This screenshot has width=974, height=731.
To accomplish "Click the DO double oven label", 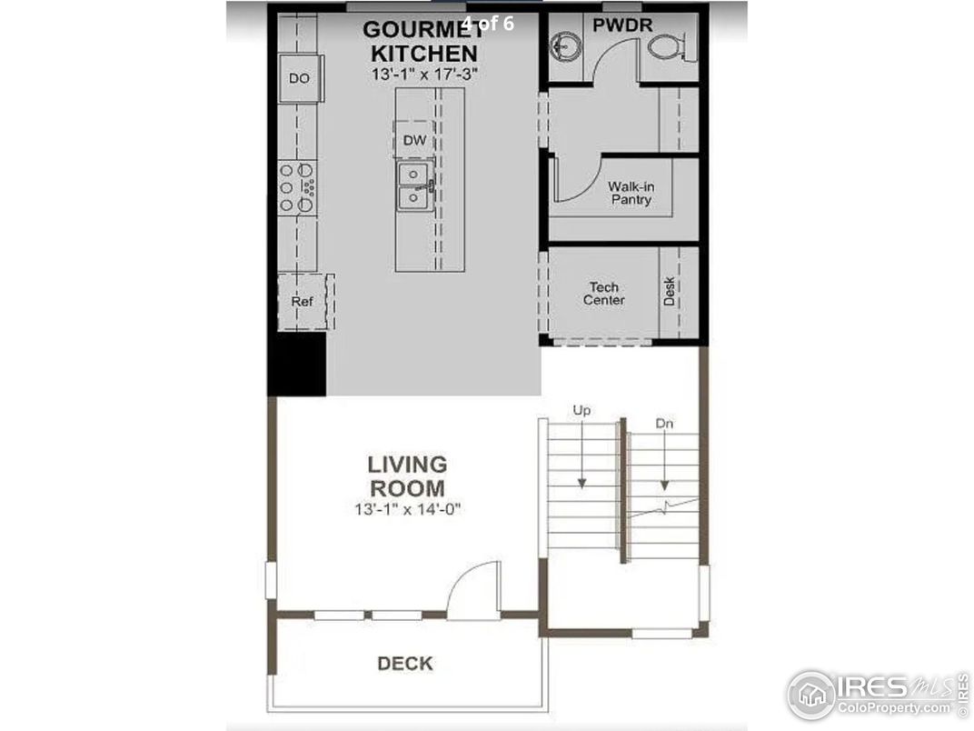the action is click(x=299, y=78).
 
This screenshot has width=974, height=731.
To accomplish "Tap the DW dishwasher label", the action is click(x=414, y=141).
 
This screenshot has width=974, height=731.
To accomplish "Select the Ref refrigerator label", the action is click(x=302, y=302).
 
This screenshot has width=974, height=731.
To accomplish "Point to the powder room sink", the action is click(x=566, y=46).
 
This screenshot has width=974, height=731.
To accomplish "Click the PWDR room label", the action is click(x=622, y=25).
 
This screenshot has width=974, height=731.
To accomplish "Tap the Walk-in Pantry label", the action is click(x=631, y=194).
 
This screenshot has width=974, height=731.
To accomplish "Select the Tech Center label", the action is click(x=604, y=294).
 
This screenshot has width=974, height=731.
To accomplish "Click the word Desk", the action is click(x=669, y=291).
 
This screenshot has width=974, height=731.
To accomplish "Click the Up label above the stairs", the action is click(x=581, y=410).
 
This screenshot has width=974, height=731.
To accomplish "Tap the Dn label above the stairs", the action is click(x=664, y=424).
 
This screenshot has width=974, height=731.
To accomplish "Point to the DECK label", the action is click(x=405, y=664).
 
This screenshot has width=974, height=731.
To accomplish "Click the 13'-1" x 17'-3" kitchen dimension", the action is click(x=425, y=74).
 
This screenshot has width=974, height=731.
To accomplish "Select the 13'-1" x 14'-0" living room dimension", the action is click(x=407, y=510).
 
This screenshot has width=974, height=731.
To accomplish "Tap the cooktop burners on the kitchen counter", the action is click(x=297, y=187).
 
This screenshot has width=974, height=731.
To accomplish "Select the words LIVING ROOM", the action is click(x=407, y=476).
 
